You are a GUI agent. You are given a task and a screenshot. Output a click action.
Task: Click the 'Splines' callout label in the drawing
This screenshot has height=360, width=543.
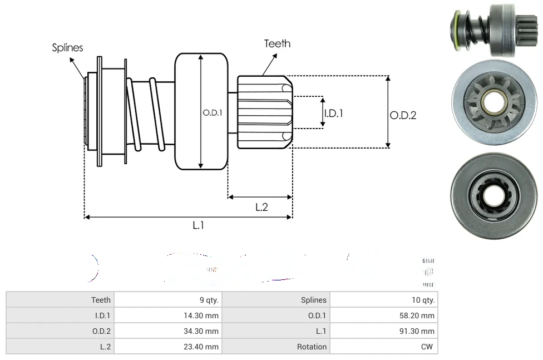point(67,48)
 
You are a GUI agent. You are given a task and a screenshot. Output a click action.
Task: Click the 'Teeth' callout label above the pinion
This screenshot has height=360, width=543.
point(277,43)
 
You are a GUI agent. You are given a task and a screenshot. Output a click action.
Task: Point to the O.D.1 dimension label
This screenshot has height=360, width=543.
point(213,112)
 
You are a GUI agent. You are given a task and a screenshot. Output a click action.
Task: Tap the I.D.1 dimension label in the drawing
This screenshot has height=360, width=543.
point(333,113)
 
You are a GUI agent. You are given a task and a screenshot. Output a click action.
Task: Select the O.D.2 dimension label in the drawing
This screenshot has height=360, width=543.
point(403,115)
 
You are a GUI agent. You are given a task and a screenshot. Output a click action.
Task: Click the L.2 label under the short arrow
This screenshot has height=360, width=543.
point(261,207)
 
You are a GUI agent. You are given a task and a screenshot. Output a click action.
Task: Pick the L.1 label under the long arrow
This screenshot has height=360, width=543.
point(199,225)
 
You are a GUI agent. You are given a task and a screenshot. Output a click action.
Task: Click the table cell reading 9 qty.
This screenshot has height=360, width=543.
point(209,300)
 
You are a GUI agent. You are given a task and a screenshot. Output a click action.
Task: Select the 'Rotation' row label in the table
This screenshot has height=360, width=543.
point(312,347)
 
